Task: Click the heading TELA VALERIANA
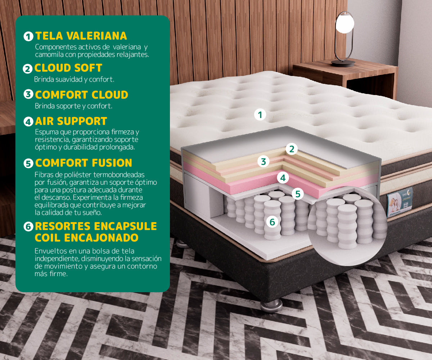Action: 81,36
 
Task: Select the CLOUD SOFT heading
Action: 68,68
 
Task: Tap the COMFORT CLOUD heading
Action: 81,95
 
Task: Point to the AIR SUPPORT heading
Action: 71,121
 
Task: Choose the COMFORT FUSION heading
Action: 84,163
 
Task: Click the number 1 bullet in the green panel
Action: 28,36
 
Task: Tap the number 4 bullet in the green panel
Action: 28,122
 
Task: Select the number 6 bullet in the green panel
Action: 28,226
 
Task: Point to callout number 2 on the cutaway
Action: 292,149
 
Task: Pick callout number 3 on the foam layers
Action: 264,162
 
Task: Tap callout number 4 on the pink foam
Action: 283,178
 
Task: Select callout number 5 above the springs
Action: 298,194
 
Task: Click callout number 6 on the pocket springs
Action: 272,222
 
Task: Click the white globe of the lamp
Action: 345,24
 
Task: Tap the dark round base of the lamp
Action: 343,63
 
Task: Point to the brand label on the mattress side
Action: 400,202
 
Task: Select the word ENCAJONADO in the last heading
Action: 101,238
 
